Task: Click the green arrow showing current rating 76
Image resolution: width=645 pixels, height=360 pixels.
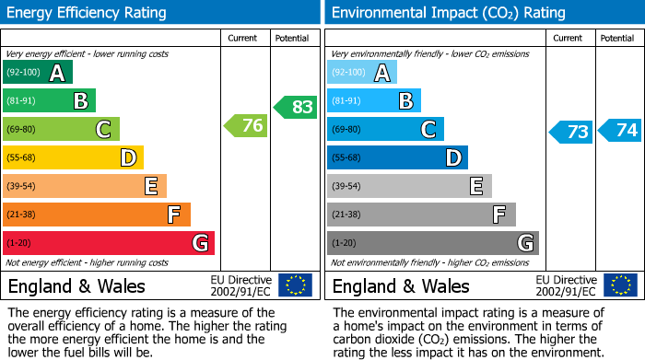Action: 246,126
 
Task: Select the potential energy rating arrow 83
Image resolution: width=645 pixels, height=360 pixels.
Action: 295,107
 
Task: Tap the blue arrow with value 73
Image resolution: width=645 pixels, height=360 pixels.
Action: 570,132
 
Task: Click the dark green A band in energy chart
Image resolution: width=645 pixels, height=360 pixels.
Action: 37,73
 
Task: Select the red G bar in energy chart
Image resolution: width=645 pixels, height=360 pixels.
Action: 109,243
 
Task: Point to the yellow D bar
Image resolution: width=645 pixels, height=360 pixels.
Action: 73,158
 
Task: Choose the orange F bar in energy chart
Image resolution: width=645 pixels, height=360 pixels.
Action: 97,215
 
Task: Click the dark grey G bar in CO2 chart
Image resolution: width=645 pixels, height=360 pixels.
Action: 432,243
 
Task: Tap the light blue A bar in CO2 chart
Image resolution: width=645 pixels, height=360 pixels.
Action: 362,73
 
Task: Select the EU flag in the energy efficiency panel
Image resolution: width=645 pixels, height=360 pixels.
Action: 295,285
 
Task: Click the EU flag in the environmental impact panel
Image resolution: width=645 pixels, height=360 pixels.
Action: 619,285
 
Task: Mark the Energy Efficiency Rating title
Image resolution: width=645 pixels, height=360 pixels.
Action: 88,13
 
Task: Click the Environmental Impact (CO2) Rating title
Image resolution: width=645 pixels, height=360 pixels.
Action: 448,13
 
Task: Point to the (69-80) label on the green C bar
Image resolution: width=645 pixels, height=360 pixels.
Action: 22,130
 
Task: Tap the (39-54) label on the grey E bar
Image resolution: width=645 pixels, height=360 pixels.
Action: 346,187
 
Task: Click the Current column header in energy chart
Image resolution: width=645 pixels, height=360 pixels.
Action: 244,38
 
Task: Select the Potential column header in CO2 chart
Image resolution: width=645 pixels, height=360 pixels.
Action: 617,38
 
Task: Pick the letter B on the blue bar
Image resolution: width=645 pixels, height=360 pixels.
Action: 405,101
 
